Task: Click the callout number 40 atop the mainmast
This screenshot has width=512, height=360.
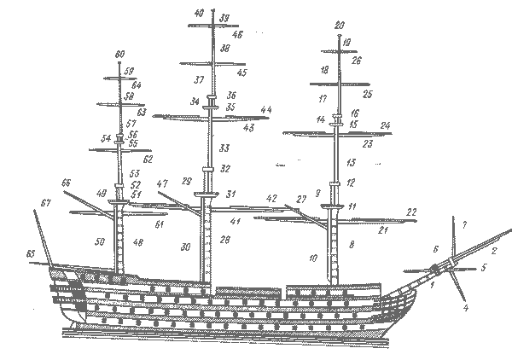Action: [x=199, y=14]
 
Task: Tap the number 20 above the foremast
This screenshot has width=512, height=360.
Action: [x=340, y=25]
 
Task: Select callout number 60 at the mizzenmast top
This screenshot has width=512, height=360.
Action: [x=119, y=53]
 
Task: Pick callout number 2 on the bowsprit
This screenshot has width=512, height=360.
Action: [x=493, y=251]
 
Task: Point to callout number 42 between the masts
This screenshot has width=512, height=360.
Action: [x=271, y=198]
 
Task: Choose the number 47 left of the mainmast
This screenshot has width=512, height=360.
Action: [x=163, y=184]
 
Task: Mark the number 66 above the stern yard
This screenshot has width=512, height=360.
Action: [x=66, y=183]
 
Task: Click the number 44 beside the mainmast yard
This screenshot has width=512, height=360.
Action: [x=265, y=111]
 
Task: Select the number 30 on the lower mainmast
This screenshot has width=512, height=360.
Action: [x=185, y=247]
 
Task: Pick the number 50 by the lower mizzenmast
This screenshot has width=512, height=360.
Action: [x=100, y=243]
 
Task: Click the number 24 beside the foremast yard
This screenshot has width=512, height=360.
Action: [x=385, y=126]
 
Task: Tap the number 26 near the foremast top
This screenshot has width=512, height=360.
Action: [x=356, y=61]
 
